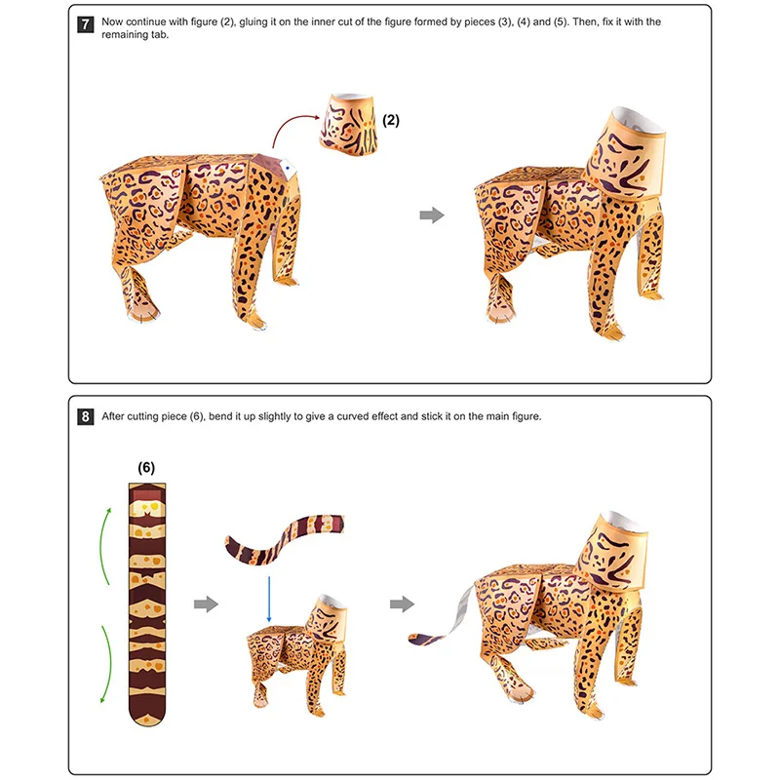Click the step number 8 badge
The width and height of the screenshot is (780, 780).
click(x=86, y=416)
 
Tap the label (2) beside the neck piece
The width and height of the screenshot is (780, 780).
click(x=390, y=121)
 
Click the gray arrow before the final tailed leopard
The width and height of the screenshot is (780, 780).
click(x=402, y=604)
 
